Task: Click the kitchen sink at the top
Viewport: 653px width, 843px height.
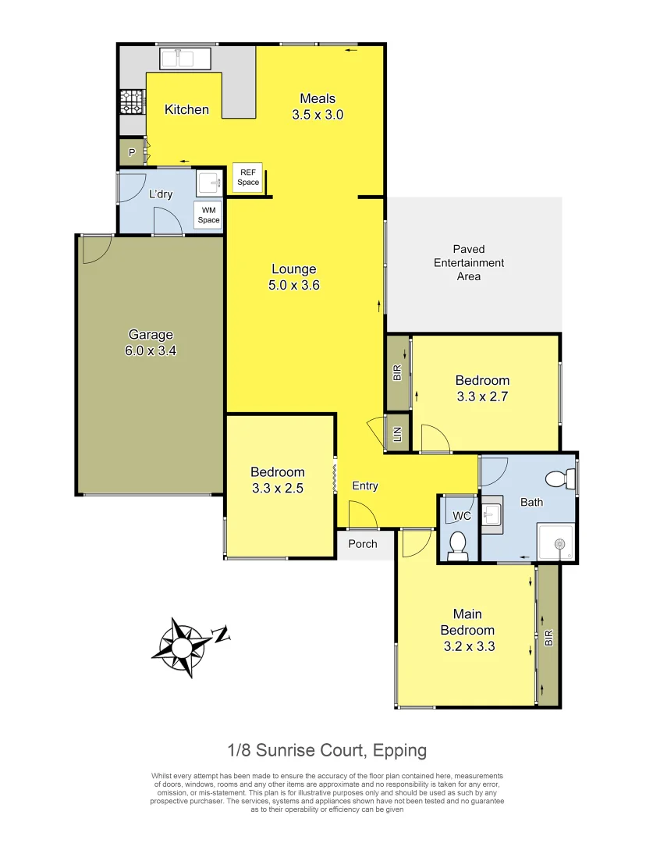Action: (182, 59)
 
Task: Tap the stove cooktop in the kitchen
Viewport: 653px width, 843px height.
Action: (128, 101)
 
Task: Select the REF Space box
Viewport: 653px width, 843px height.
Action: (248, 177)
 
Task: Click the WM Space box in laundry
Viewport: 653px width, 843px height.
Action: (208, 215)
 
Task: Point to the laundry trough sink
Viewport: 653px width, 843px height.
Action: (208, 183)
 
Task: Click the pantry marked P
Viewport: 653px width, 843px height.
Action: (131, 152)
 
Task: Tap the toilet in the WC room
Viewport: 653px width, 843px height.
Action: (458, 542)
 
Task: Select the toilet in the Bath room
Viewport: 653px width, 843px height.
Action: (558, 478)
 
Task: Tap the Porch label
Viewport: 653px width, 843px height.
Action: (363, 544)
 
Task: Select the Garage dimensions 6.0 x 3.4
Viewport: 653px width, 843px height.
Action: (151, 351)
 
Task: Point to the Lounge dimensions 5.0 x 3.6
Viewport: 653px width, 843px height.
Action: (294, 286)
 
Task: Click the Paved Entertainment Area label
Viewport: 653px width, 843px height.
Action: (469, 263)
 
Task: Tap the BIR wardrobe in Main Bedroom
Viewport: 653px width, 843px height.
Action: (548, 637)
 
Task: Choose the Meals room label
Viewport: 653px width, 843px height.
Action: (318, 98)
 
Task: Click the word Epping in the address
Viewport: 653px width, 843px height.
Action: (399, 751)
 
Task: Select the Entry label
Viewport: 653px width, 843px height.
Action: (365, 486)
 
